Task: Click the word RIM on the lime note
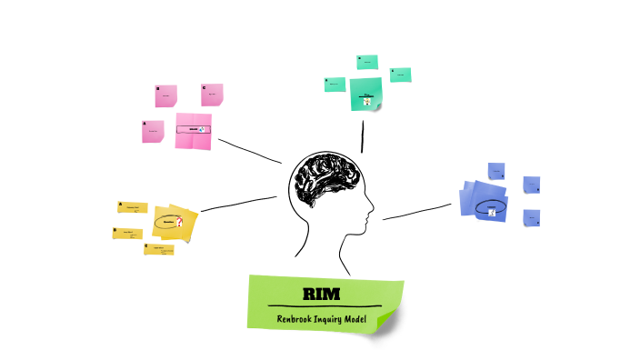(x=323, y=293)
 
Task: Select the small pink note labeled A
(x=153, y=132)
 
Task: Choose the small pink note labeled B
(x=165, y=95)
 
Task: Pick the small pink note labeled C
(x=212, y=94)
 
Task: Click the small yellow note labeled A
(x=133, y=207)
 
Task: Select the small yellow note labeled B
(x=127, y=233)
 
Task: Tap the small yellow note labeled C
(x=158, y=248)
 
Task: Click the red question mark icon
(x=180, y=222)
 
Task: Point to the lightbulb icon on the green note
(x=367, y=101)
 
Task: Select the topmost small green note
(x=367, y=62)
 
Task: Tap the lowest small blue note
(x=531, y=218)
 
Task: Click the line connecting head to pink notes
(x=250, y=151)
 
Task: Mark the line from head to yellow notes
(x=238, y=204)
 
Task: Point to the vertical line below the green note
(x=363, y=135)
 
